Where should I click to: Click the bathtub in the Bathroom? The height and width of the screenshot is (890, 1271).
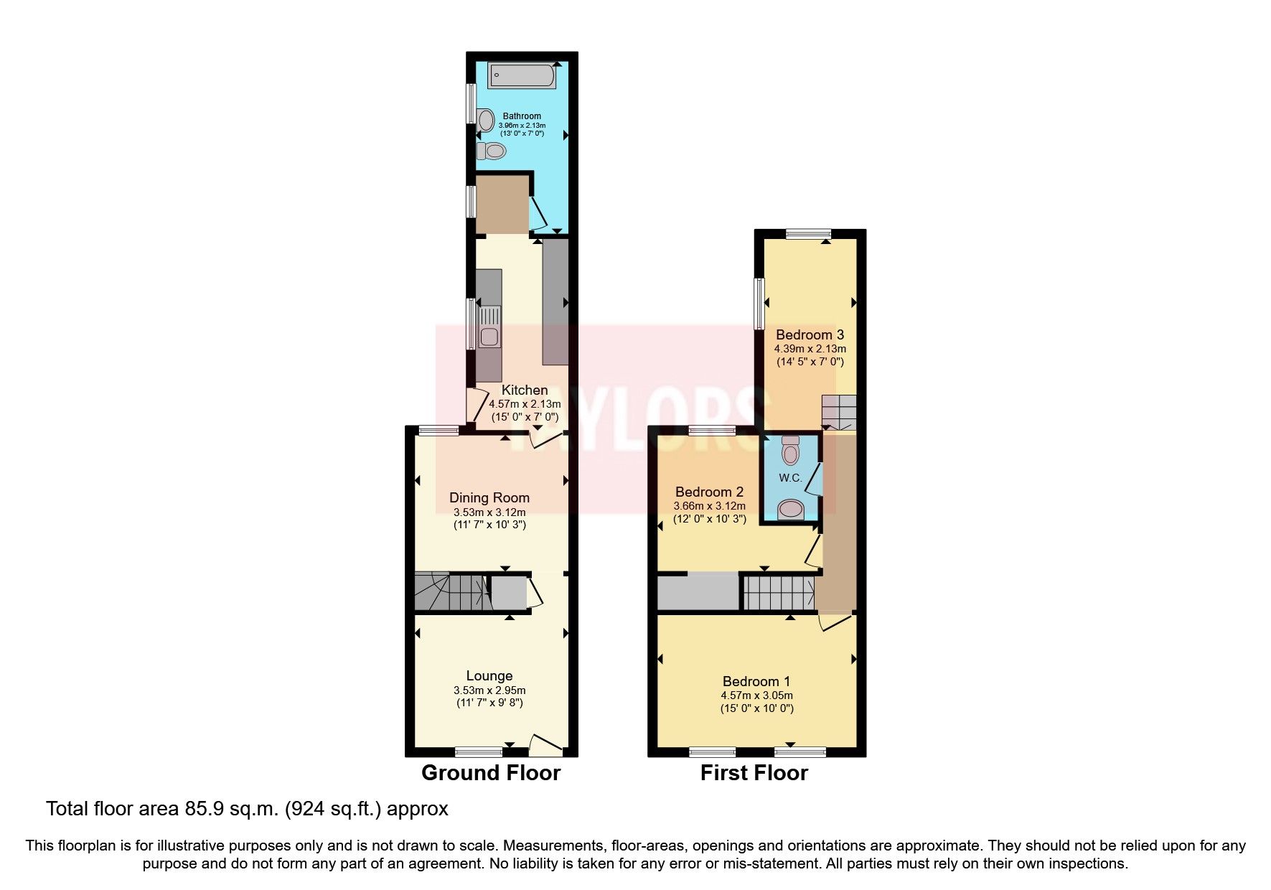522,75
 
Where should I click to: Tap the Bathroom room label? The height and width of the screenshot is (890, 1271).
522,116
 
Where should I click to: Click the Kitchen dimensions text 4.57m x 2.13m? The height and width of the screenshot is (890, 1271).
525,404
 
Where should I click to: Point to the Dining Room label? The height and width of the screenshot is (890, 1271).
489,497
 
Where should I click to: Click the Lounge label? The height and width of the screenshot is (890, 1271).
489,675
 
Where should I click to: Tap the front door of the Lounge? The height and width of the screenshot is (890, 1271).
546,746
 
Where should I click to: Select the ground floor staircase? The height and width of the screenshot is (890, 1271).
449,592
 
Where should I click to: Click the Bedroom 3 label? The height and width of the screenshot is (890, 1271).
810,334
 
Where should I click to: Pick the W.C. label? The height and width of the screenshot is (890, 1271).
790,478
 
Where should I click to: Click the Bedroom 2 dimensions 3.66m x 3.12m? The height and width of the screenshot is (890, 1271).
709,506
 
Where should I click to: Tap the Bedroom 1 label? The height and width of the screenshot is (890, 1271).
756,681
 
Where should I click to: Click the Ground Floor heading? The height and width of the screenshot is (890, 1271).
490,773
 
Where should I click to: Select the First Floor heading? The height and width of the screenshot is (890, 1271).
754,773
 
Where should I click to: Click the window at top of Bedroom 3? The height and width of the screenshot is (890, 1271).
808,233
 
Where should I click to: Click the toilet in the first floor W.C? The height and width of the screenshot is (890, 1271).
790,451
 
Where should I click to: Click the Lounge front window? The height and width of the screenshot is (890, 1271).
479,752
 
